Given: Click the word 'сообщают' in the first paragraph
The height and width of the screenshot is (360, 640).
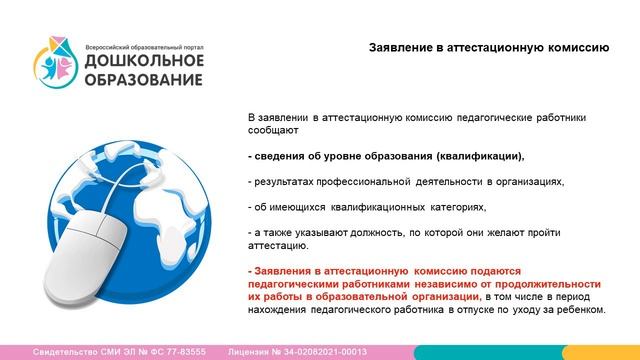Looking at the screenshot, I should click(270, 130).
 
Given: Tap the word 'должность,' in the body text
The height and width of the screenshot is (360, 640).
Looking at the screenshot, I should click(373, 232).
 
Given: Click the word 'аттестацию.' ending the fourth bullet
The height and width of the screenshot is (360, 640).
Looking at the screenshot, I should click(278, 245).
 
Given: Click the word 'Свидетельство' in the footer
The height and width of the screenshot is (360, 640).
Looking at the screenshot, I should click(64, 352).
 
